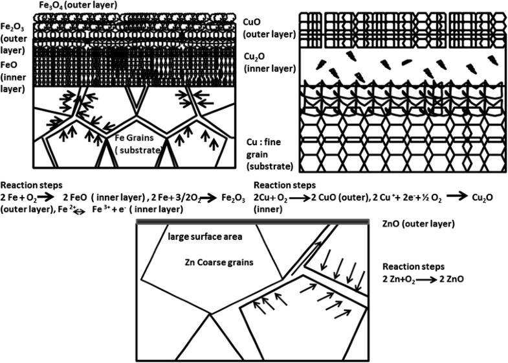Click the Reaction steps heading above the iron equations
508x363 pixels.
click(x=28, y=185)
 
